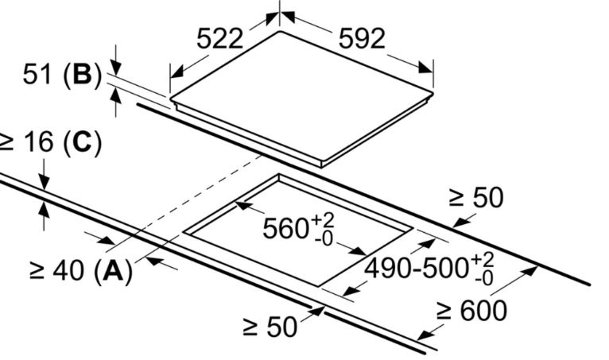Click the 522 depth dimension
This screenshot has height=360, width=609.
click(220, 39)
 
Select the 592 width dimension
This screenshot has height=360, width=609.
click(362, 39)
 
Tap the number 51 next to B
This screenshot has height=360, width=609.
click(37, 74)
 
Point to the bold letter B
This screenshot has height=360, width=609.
click(82, 74)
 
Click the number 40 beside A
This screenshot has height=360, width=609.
click(68, 271)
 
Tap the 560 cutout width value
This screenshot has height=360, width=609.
click(286, 228)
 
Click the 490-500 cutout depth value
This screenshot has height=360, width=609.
click(417, 268)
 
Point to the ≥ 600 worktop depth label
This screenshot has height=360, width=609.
click(471, 311)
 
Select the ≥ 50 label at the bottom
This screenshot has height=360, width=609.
click(270, 327)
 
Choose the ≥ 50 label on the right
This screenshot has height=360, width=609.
click(476, 198)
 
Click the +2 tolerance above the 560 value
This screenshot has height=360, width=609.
click(322, 220)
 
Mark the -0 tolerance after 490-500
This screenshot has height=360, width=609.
click(483, 278)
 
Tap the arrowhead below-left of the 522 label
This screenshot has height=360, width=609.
click(177, 72)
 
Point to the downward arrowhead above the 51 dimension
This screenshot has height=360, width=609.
click(116, 66)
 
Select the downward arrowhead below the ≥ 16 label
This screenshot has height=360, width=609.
click(44, 183)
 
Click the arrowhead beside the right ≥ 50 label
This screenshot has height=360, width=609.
click(460, 223)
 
